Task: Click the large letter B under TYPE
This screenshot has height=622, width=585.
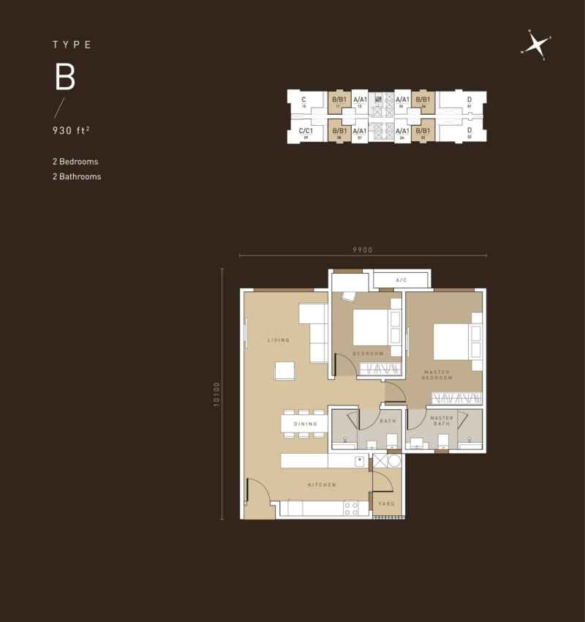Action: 65,78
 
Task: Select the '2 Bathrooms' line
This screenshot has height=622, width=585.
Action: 77,176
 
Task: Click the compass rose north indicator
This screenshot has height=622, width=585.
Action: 537,45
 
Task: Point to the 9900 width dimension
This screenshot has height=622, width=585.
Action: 363,250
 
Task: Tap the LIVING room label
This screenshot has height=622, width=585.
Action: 279,340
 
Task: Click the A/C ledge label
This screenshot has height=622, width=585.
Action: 401,280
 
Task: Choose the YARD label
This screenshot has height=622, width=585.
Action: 386,503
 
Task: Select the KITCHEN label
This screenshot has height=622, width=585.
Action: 322,484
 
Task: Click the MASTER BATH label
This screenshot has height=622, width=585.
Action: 442,421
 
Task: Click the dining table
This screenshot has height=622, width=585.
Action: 303,424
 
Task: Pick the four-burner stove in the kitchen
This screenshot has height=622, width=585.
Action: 351,507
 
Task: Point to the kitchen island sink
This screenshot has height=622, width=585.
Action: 359,461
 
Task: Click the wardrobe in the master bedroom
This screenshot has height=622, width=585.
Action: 456,398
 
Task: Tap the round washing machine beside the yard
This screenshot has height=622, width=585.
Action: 394,461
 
